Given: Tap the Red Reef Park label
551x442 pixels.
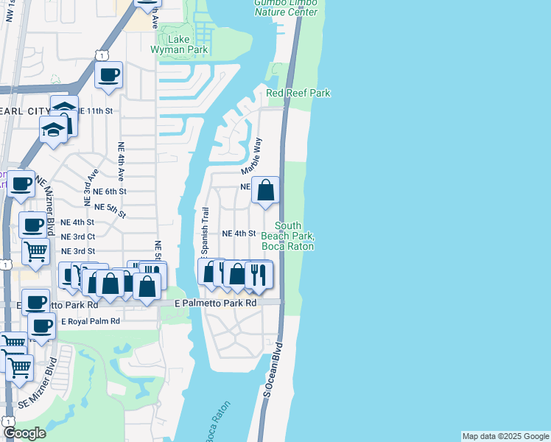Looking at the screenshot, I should (x=298, y=93).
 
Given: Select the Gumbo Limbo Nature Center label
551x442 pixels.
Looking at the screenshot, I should (x=286, y=7).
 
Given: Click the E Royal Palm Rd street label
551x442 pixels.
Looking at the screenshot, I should (x=90, y=322).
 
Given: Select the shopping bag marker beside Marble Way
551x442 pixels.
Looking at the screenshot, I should (x=266, y=190).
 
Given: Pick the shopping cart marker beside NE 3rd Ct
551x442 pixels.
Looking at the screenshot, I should (x=35, y=251).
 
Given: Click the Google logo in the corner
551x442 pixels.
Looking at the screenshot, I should (x=24, y=433).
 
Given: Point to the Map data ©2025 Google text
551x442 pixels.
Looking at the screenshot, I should (x=505, y=436).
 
